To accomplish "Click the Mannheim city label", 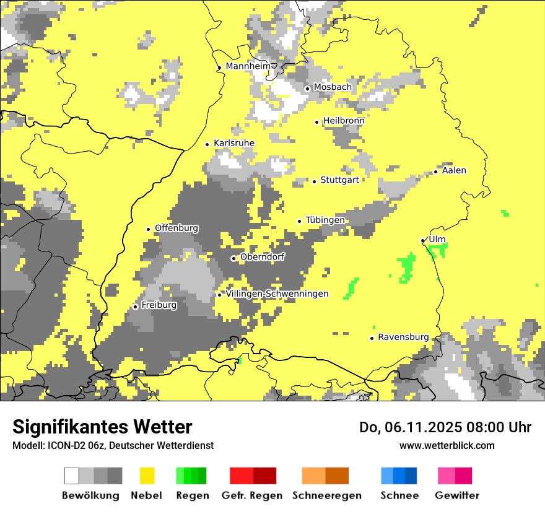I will click(x=248, y=66).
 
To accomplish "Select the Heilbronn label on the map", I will click(x=343, y=121).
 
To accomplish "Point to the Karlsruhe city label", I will click(x=233, y=143).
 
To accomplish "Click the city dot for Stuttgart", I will click(x=315, y=181).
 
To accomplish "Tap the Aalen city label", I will click(x=454, y=170).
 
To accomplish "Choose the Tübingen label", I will click(x=325, y=220).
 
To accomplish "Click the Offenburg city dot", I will click(x=149, y=229).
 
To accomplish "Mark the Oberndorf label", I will click(x=262, y=257).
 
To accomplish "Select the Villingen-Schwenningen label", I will click(x=277, y=294).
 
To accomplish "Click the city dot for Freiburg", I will click(x=136, y=307).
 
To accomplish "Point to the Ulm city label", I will click(x=437, y=239).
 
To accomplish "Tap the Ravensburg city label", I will click(x=403, y=337).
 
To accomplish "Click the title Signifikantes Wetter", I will click(x=102, y=427).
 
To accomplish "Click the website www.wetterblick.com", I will click(x=447, y=445).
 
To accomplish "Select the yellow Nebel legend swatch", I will click(x=147, y=476).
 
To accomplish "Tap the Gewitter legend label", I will click(x=456, y=495).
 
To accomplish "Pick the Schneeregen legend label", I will click(x=326, y=495).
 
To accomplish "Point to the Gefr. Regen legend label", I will click(x=251, y=495).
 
